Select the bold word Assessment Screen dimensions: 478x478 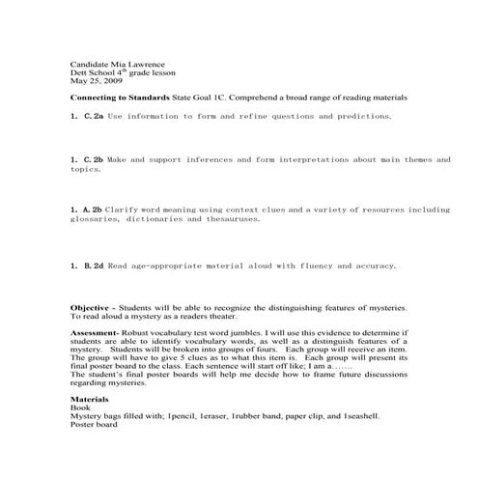98,331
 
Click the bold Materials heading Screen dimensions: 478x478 90,399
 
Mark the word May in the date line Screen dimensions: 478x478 78,81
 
